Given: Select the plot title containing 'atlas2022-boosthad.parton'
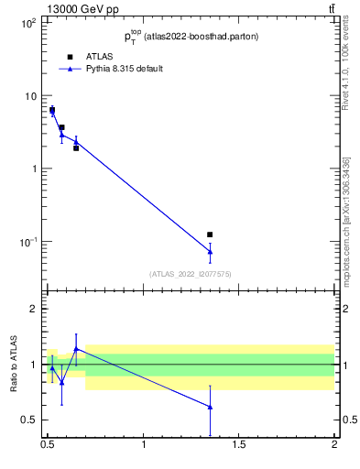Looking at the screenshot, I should (191, 38).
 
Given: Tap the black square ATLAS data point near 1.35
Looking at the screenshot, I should (210, 235).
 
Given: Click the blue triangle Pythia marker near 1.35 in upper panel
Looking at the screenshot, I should (210, 251).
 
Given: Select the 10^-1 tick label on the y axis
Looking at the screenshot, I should (27, 242).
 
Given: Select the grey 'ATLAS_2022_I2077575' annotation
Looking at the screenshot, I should (191, 274).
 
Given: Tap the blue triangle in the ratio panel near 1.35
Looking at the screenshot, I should (210, 407).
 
